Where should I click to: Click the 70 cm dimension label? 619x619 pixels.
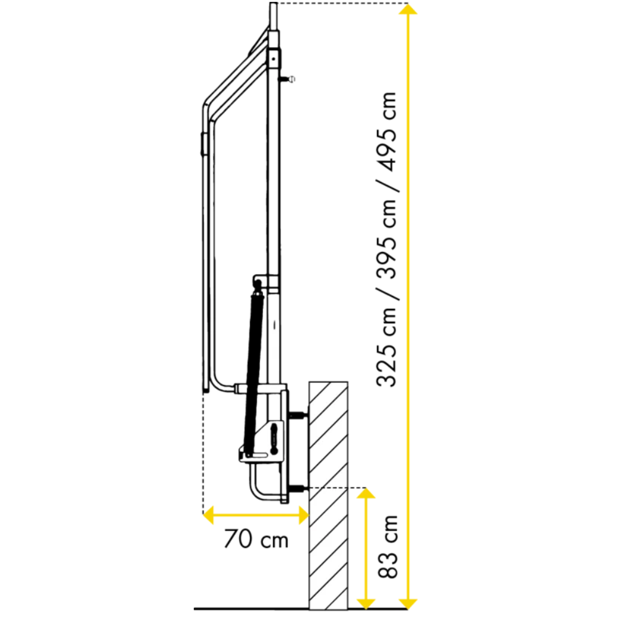pos(256,539)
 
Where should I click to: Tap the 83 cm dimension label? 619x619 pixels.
pos(387,547)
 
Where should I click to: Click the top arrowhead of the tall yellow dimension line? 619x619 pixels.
pos(408,9)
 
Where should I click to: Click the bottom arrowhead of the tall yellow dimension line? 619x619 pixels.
pos(408,603)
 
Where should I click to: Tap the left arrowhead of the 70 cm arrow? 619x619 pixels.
pos(209,515)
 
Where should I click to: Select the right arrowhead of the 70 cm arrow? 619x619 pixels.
pos(303,515)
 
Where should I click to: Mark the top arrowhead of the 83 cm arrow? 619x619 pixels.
pos(366,493)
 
